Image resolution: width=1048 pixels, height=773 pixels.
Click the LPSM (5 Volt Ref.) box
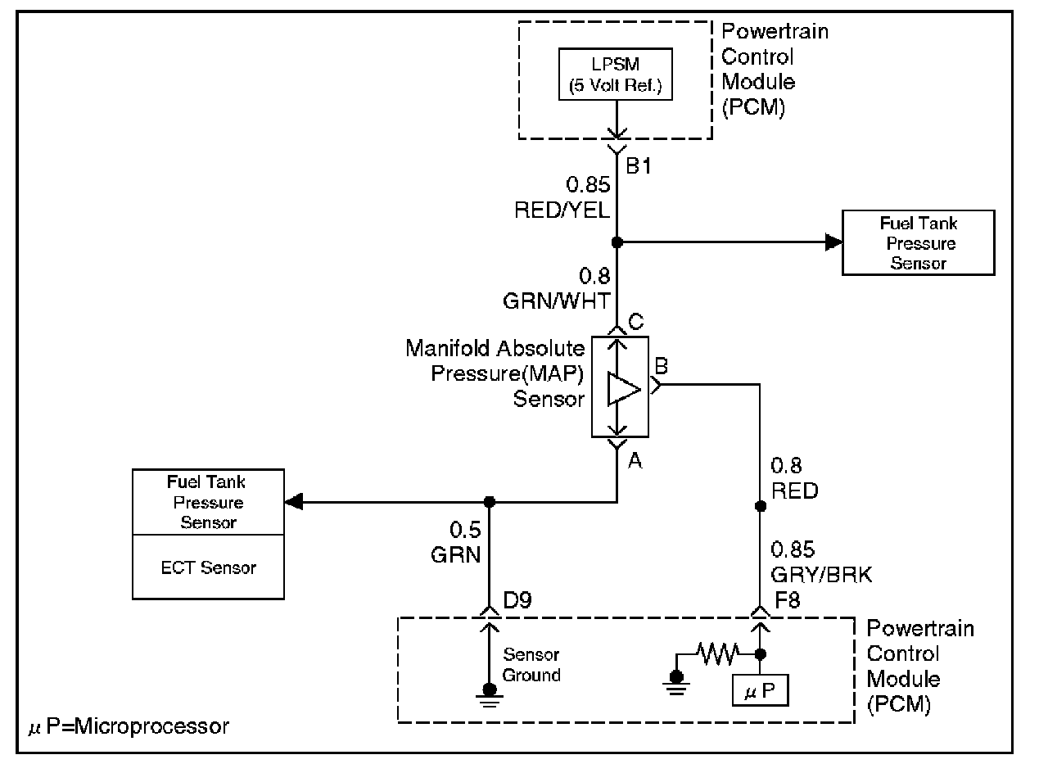(x=616, y=74)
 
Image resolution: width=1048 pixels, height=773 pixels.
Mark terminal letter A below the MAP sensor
(x=635, y=463)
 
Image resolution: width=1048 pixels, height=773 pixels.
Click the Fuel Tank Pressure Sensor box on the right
(x=918, y=243)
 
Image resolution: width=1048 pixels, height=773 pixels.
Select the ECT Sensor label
(x=209, y=567)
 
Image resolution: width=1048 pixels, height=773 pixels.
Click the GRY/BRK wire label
(x=821, y=575)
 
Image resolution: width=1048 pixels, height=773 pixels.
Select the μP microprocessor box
(x=761, y=693)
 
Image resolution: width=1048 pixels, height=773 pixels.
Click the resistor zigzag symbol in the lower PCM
(x=718, y=653)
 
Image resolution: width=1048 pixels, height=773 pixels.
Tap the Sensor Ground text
(x=531, y=665)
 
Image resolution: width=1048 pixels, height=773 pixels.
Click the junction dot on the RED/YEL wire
(x=617, y=242)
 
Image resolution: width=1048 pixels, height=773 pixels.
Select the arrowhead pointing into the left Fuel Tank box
(x=292, y=501)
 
